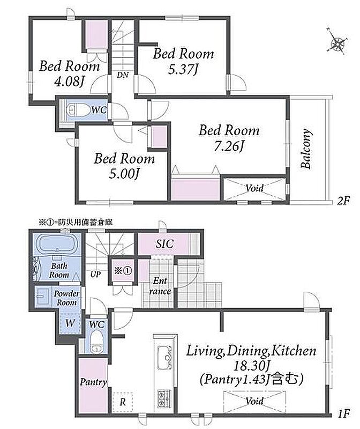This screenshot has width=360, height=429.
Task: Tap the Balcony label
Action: point(306,149)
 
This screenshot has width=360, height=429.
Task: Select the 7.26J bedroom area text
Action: point(229,146)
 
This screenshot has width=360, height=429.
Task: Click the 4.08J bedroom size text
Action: point(69,82)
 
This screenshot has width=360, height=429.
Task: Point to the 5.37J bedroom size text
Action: point(183,69)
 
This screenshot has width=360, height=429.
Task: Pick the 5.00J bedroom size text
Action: point(124,173)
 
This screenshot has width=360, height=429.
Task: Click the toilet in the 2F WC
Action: point(78,110)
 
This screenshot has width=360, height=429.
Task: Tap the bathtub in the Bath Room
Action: point(57,245)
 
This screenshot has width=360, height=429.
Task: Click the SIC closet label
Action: point(164,244)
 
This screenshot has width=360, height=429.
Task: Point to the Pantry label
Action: point(93,382)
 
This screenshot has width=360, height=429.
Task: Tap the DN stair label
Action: point(123,75)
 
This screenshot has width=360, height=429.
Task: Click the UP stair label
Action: point(95,274)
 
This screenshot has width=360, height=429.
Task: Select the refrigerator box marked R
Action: point(123,402)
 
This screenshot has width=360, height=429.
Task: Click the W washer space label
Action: point(70,323)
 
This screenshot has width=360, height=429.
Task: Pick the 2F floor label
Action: point(343,201)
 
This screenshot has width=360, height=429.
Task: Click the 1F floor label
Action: point(343,413)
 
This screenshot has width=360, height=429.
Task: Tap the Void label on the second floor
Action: point(254,188)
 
